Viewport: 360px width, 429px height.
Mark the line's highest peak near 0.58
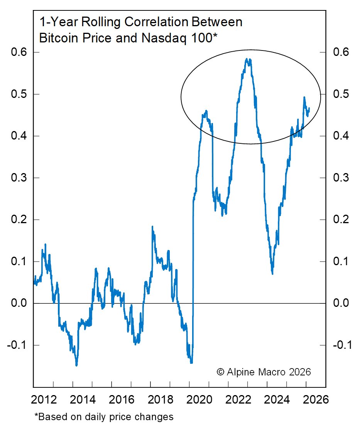(246, 59)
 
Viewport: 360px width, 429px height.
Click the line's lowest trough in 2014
(76, 365)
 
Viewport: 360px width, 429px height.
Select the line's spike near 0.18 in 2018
(152, 227)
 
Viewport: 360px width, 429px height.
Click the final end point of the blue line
(309, 108)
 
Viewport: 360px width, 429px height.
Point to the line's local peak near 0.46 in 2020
(206, 111)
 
